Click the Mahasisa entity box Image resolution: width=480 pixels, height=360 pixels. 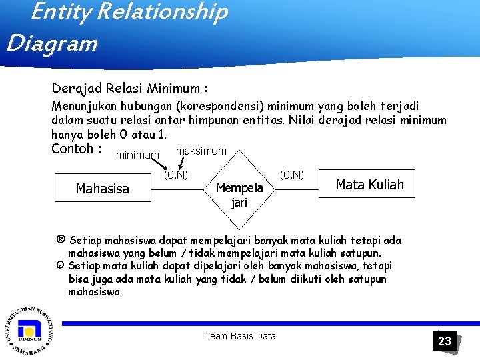[103, 189]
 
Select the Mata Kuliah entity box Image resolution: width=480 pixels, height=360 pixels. [369, 185]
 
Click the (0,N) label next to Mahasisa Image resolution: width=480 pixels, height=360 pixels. [176, 175]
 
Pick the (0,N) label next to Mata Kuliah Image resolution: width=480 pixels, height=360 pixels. [292, 175]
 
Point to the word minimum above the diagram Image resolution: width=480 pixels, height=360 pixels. [137, 155]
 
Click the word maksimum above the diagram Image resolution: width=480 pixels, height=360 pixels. [201, 151]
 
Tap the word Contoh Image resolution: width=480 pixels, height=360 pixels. [72, 148]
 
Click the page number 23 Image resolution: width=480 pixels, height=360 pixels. [445, 341]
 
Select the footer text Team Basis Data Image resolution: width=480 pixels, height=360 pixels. [240, 336]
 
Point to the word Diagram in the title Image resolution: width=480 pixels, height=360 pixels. [52, 44]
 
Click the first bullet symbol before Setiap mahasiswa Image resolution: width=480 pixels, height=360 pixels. [61, 240]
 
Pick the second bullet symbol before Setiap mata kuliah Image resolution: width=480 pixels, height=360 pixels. [61, 266]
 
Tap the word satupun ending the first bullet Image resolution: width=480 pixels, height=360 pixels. [360, 253]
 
